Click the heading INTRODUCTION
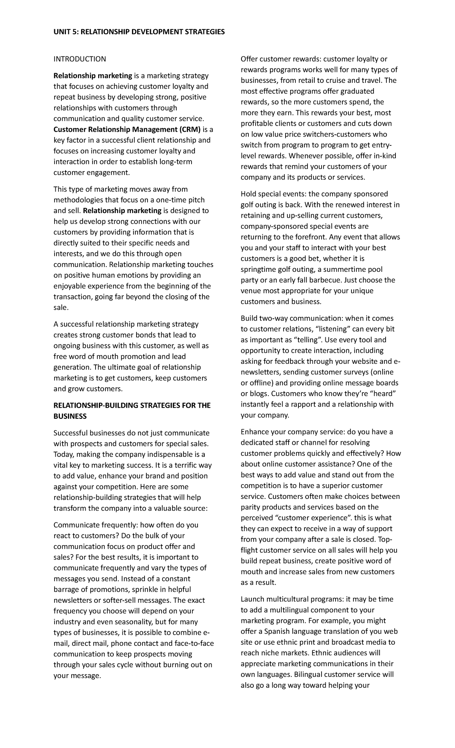click(x=80, y=59)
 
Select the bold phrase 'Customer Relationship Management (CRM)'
click(x=127, y=129)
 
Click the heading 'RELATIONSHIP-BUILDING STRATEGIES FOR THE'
click(x=132, y=405)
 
